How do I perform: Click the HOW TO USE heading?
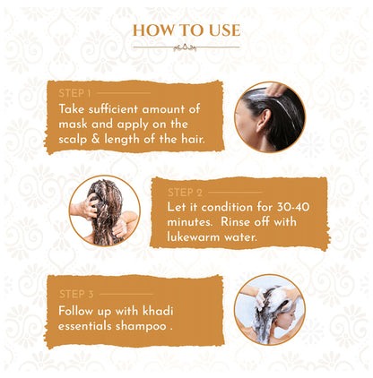pos(186,31)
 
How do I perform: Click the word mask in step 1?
pos(74,124)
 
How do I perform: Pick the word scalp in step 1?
pos(77,139)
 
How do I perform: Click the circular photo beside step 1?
pos(269,117)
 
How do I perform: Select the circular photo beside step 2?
pos(104,210)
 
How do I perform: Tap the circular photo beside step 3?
pos(269,310)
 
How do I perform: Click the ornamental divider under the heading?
pos(186,47)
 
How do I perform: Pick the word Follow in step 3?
pos(79,309)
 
